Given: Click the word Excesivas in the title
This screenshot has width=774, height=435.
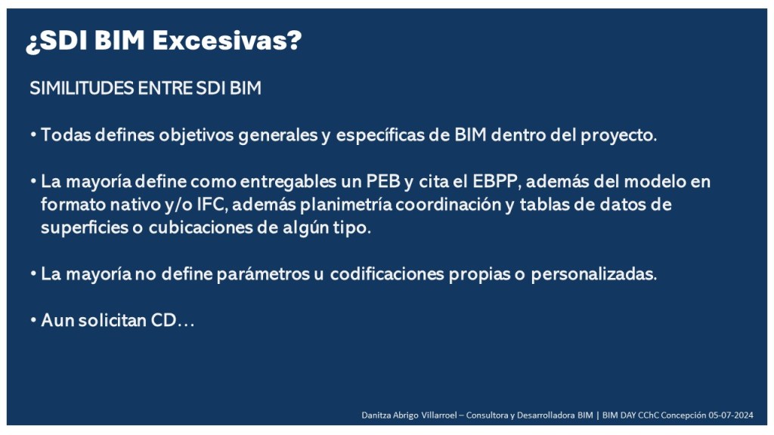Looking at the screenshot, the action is click(227, 40).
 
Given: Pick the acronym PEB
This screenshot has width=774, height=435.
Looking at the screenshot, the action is click(383, 181).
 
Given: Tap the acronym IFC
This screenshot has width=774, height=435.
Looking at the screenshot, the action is click(212, 205).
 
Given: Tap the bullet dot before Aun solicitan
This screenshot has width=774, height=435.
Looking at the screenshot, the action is click(33, 320).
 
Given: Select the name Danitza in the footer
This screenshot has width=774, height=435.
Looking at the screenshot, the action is click(375, 415).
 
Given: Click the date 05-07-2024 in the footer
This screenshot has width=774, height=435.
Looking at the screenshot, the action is click(731, 415).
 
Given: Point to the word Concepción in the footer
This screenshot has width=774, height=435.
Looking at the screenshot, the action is click(683, 415).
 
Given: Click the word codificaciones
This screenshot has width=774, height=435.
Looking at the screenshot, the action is click(387, 274).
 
